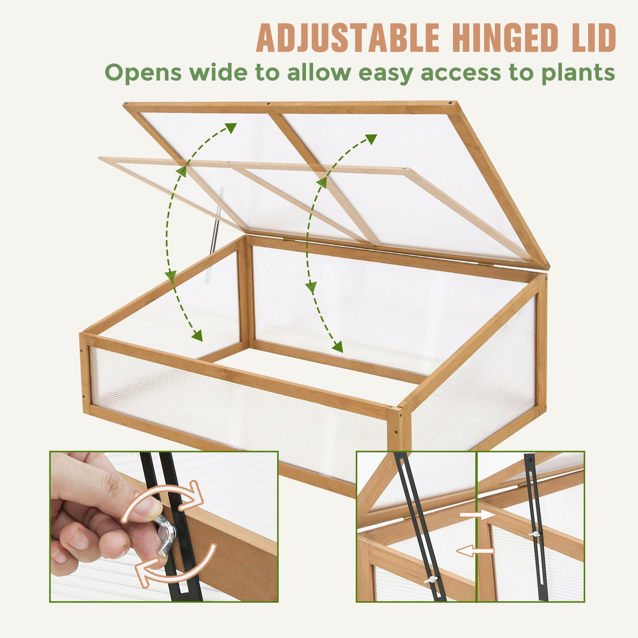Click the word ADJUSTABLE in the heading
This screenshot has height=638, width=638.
click(347, 38)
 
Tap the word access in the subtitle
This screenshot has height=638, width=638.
click(461, 73)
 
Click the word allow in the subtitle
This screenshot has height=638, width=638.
click(318, 72)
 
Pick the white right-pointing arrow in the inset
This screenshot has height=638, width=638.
click(478, 516)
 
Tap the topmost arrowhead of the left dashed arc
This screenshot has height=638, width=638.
click(231, 127)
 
